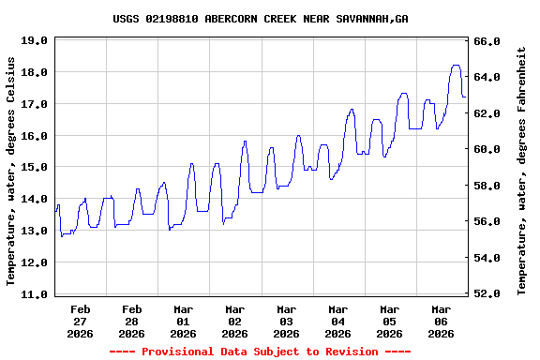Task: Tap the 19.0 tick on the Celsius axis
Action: click(x=33, y=40)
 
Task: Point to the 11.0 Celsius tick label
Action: click(x=33, y=294)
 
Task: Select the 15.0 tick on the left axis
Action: click(x=33, y=167)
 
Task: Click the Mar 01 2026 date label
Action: click(x=183, y=321)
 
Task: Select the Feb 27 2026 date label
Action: click(x=80, y=321)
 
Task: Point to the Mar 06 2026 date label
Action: click(x=441, y=321)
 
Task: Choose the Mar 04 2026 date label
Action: click(x=337, y=321)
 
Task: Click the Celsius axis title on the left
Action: click(x=11, y=171)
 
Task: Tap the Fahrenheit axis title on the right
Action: click(x=522, y=171)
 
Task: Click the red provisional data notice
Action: click(x=260, y=352)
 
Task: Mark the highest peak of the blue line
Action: click(x=456, y=66)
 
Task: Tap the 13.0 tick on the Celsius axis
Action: click(x=33, y=231)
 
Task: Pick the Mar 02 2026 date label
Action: click(x=234, y=321)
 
